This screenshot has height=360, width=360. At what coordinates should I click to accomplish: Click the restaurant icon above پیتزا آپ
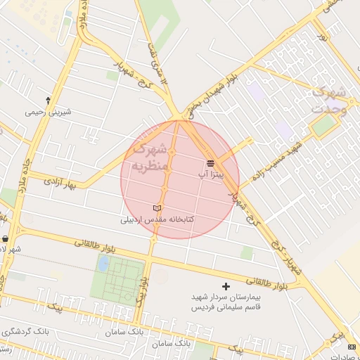click(211, 163)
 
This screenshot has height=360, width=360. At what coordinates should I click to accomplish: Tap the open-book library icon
click(157, 209)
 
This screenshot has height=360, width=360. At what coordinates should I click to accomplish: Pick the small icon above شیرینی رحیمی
click(47, 100)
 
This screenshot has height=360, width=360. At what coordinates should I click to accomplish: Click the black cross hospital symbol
click(226, 286)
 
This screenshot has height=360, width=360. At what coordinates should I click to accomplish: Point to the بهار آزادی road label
click(60, 184)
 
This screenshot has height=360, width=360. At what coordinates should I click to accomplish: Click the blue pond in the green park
click(104, 263)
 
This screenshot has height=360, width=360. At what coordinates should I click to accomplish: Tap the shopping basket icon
click(6, 238)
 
